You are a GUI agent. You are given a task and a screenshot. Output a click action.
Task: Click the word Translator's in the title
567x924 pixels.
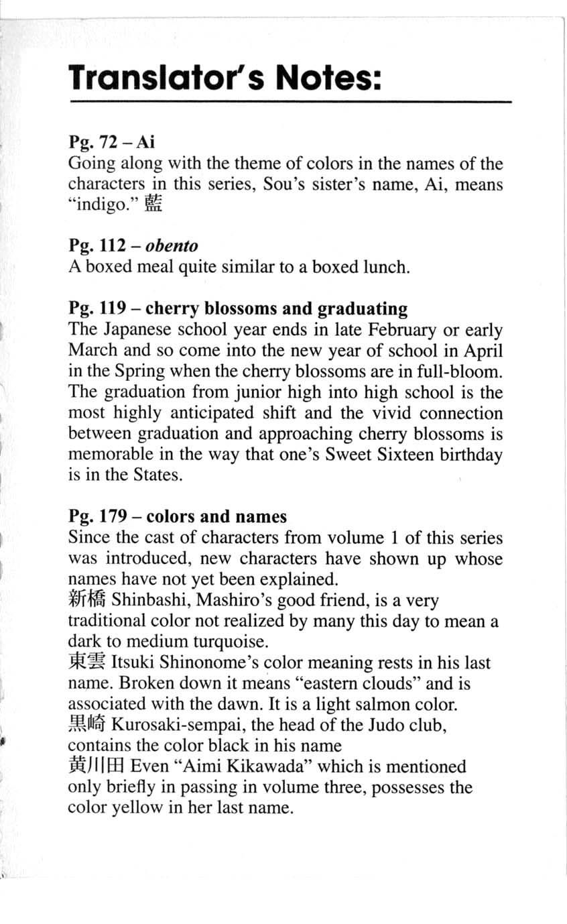159,79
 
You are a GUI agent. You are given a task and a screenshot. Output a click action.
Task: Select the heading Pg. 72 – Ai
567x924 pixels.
111,142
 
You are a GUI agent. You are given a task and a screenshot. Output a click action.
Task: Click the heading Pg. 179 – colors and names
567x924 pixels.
178,516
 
